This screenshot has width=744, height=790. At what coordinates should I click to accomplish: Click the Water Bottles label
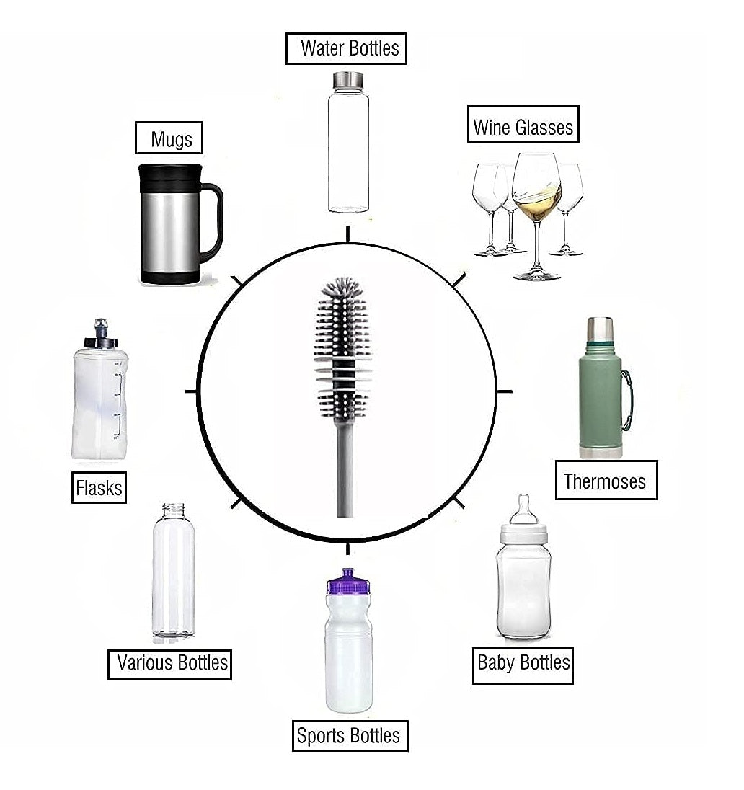[346, 48]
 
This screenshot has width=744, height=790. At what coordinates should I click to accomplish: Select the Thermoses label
[606, 480]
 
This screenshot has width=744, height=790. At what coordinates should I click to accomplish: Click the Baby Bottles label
[523, 663]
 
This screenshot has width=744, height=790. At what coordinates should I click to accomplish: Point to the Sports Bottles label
[349, 735]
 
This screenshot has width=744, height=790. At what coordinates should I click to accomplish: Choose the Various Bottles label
[172, 662]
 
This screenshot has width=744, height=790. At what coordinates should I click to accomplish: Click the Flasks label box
[99, 487]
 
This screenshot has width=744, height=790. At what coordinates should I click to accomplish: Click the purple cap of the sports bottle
[348, 582]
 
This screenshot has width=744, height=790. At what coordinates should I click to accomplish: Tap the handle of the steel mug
[213, 220]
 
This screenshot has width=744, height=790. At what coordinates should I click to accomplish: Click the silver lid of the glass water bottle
[349, 80]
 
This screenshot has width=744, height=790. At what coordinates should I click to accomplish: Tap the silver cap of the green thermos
[599, 329]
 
